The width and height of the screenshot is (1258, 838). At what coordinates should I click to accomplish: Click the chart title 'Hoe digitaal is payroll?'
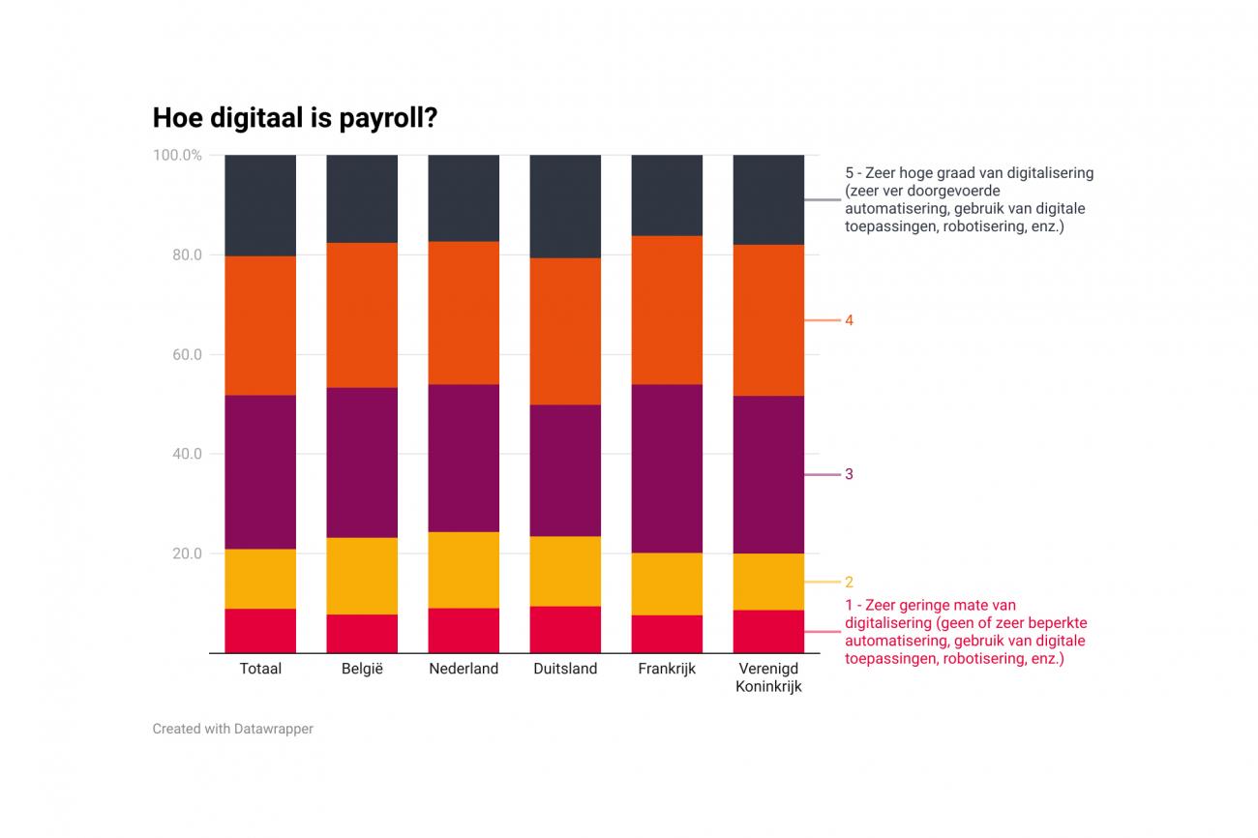(x=294, y=118)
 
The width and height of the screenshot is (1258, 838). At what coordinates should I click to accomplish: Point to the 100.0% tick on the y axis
(x=177, y=155)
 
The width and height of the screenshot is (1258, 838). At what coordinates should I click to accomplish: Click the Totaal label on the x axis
(x=260, y=669)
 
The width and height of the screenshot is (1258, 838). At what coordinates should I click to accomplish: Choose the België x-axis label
(x=362, y=669)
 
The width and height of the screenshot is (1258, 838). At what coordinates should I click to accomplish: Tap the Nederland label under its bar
(x=464, y=669)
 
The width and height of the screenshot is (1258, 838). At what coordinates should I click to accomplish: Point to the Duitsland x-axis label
(x=565, y=669)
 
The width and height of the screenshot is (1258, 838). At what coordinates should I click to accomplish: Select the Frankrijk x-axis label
(x=667, y=669)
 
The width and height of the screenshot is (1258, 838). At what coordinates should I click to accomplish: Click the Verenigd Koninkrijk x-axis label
(x=768, y=677)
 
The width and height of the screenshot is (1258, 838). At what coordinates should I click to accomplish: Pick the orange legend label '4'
(x=849, y=320)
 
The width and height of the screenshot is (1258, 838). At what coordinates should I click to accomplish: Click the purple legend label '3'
(x=849, y=474)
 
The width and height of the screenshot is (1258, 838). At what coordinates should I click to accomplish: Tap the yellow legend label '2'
(x=849, y=583)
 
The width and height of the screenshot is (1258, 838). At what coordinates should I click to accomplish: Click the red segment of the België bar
(x=362, y=634)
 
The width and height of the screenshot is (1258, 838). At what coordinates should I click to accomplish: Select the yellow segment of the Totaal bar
(x=260, y=579)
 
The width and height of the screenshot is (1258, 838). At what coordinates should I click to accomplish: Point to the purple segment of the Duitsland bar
(x=565, y=470)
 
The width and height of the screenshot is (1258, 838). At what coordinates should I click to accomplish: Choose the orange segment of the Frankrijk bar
(x=667, y=310)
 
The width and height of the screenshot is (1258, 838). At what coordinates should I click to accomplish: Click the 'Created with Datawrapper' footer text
(x=232, y=729)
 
